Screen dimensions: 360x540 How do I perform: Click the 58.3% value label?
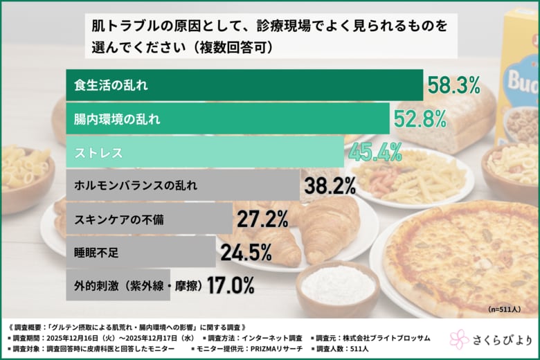tap(453, 86)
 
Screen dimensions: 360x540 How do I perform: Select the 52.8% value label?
tap(420, 119)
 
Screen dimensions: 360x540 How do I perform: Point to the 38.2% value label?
tap(330, 185)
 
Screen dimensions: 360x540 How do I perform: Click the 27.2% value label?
tap(262, 219)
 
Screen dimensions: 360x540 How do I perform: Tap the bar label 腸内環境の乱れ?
tap(117, 119)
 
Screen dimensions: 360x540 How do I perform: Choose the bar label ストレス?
tap(98, 152)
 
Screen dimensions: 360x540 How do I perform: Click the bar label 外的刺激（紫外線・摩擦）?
tap(141, 285)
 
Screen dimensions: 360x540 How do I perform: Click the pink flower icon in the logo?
tap(459, 339)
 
